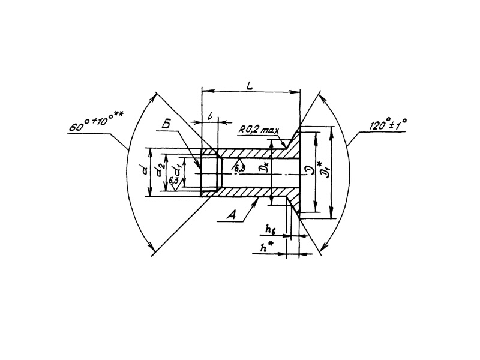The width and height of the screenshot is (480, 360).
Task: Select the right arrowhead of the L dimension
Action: coord(298,91)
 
